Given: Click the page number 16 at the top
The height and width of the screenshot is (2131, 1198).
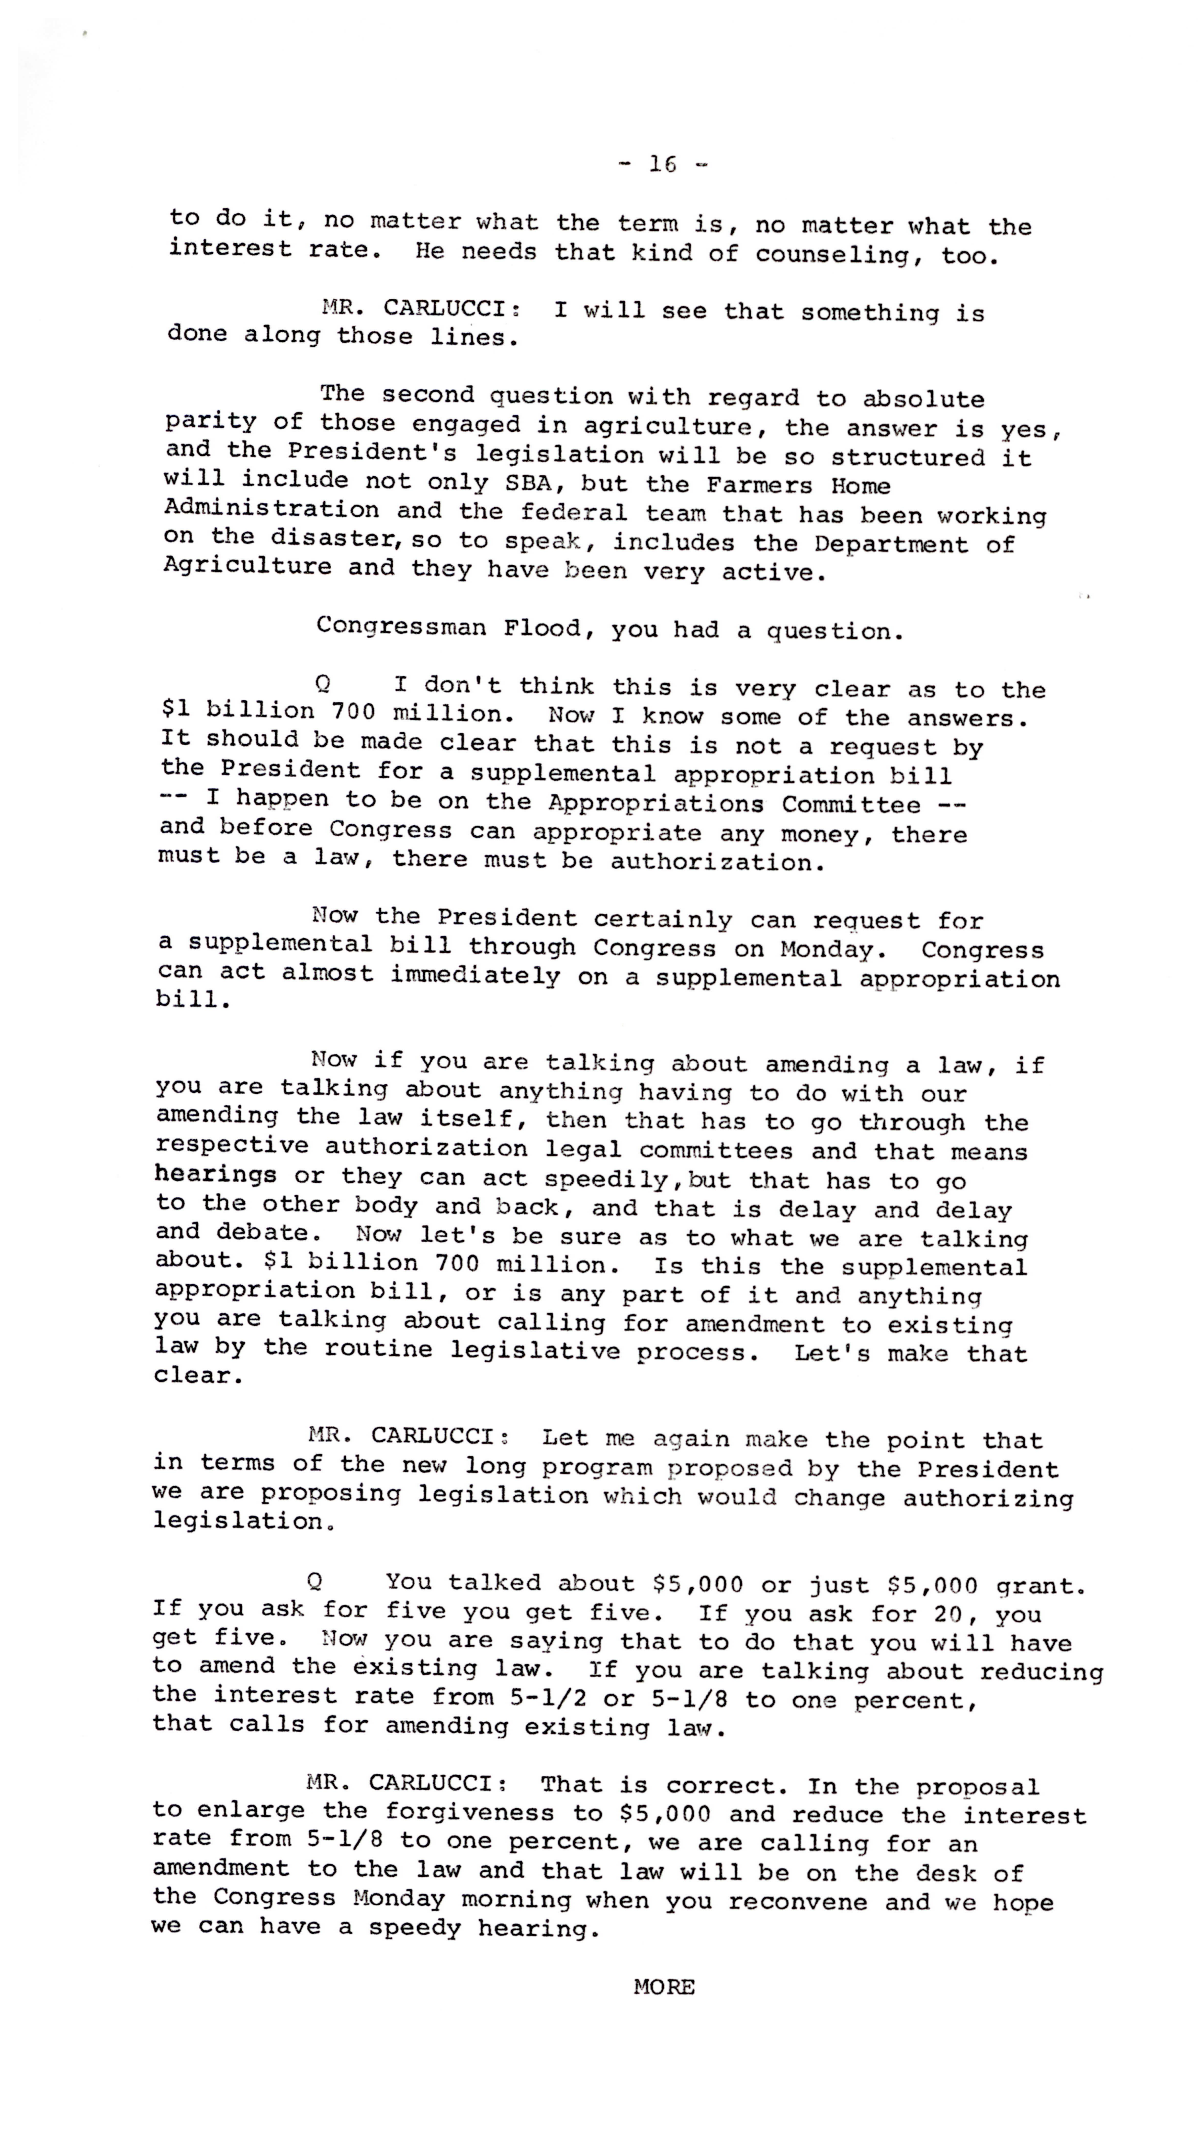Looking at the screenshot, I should click(663, 165).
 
